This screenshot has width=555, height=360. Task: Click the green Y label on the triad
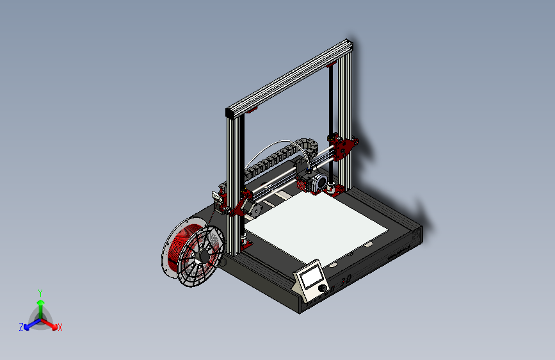40,291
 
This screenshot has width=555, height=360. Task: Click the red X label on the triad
60,328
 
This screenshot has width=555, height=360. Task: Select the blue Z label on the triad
21,327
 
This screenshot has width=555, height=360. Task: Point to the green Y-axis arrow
40,304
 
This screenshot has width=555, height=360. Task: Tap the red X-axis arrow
52,324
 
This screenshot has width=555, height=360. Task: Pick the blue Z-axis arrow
29,324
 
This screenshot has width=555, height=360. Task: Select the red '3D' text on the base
345,281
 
